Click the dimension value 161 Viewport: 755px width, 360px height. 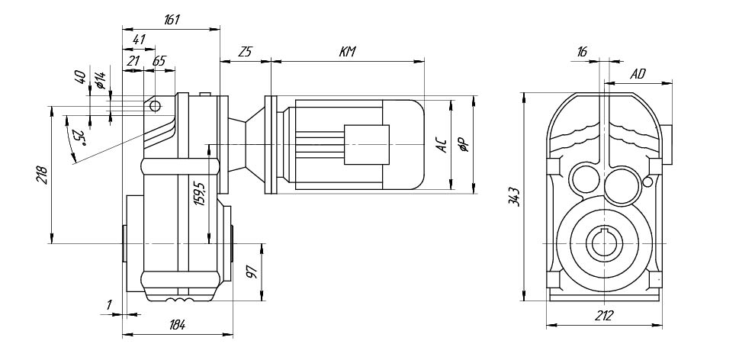[x=171, y=21]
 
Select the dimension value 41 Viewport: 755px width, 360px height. [x=139, y=40]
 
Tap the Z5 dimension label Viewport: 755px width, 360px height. [x=245, y=52]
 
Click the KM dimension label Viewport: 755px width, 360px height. [x=348, y=52]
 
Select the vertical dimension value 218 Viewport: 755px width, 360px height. [x=42, y=176]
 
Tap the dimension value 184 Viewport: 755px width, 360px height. [x=177, y=325]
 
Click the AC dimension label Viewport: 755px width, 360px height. [x=440, y=146]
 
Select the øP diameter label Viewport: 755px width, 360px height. [x=462, y=146]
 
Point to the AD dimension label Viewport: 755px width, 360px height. [x=638, y=74]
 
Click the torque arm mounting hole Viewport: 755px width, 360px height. [x=154, y=105]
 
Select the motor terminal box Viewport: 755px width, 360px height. [x=366, y=144]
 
